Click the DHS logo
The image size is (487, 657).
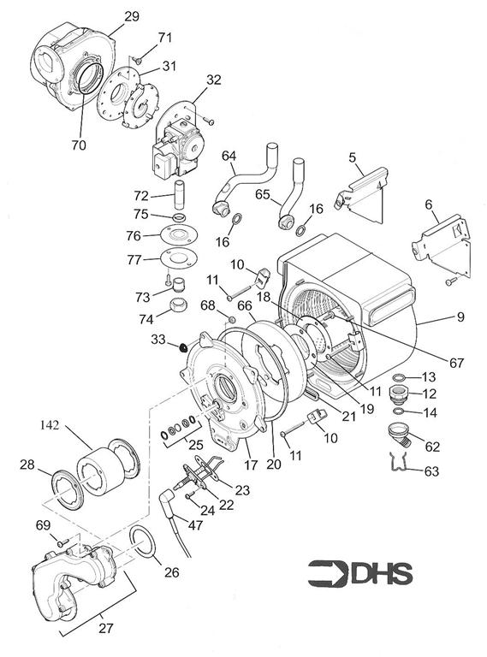pos(360,573)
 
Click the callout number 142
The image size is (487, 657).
pos(50,425)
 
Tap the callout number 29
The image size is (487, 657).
pos(132,16)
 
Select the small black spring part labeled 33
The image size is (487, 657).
pos(182,347)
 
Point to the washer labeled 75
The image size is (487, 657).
pos(180,217)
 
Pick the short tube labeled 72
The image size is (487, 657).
pos(180,195)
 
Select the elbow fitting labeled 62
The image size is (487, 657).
pos(401,435)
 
